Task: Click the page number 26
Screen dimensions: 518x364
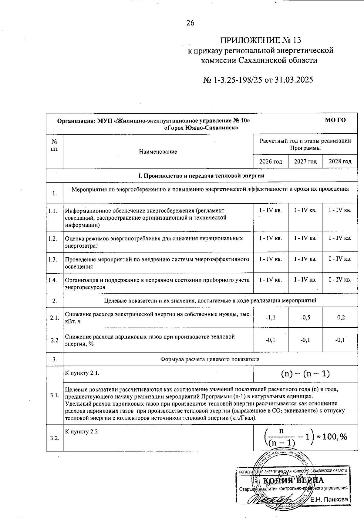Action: click(190, 23)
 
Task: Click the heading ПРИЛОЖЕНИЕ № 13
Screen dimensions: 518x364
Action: click(261, 40)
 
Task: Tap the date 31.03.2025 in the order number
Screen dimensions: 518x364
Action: click(294, 80)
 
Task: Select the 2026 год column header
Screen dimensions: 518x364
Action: click(271, 162)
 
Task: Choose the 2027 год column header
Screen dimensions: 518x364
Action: click(305, 162)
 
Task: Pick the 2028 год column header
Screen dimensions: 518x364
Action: click(340, 162)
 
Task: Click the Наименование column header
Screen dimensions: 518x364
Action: click(158, 152)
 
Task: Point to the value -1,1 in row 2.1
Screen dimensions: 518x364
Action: click(271, 318)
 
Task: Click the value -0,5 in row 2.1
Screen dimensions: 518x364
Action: click(305, 318)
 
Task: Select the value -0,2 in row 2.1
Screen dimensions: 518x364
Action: click(340, 318)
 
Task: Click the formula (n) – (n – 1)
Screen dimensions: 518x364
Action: click(305, 374)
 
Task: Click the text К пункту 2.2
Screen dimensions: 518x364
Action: click(81, 432)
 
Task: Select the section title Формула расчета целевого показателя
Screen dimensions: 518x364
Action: click(210, 359)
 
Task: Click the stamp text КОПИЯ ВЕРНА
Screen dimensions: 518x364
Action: click(293, 480)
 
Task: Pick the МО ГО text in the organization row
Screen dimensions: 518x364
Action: click(335, 120)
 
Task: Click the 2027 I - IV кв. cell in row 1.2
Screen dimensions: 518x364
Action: click(305, 238)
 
